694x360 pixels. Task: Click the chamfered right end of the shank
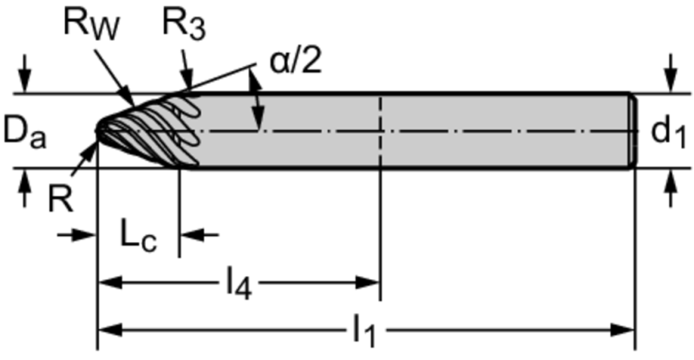(x=632, y=130)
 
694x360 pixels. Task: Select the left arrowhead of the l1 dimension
(x=104, y=329)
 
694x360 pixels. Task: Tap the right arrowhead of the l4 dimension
(x=373, y=282)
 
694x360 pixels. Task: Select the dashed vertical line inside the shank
(x=380, y=130)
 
